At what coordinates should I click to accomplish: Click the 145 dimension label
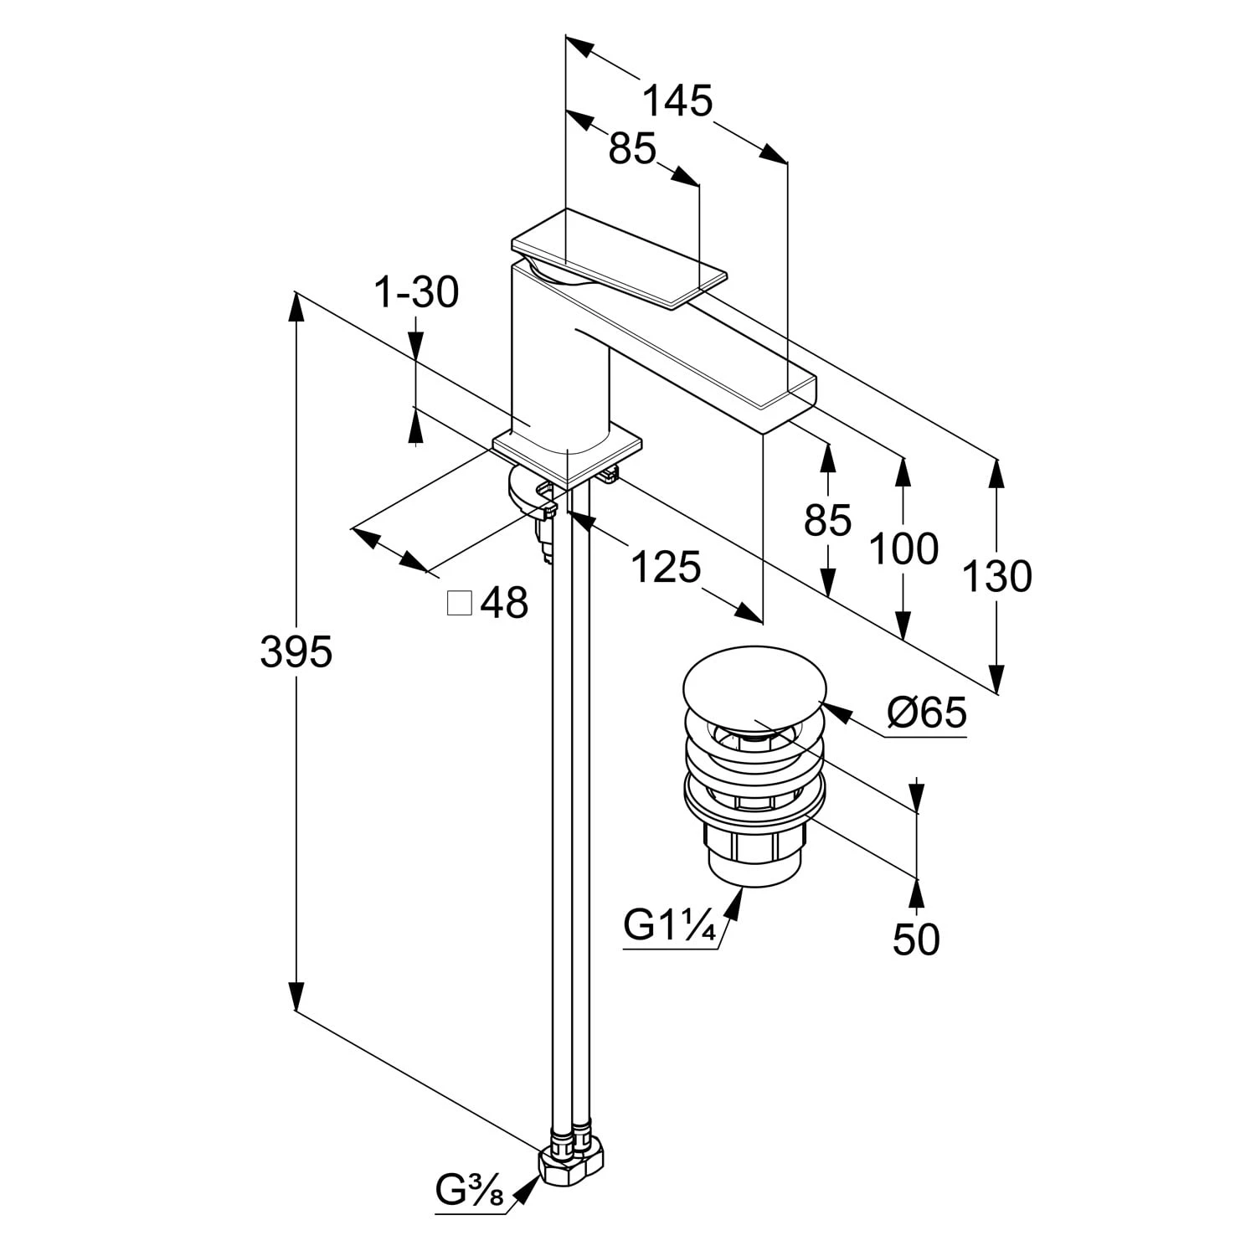pos(677,101)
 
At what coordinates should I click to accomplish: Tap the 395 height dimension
pos(296,651)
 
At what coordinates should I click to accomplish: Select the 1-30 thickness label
pos(416,293)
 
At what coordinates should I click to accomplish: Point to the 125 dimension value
pos(666,568)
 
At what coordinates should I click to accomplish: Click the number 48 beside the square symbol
pos(505,603)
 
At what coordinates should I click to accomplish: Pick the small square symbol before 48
pos(459,603)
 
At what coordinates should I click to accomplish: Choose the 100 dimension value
pos(903,550)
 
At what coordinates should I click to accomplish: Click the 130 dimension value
pos(996,577)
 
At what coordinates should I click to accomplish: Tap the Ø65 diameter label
pos(927,713)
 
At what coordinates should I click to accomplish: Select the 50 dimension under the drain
pos(916,939)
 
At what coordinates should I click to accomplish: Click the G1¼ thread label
pos(670,927)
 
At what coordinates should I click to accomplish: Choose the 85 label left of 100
pos(827,521)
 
